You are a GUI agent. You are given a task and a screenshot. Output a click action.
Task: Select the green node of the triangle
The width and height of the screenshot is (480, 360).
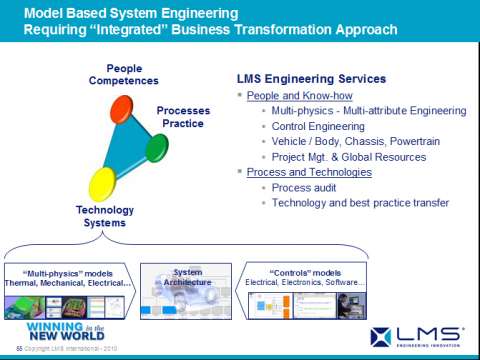click(x=158, y=148)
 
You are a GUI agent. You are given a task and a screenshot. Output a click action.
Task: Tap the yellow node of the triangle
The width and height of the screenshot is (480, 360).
click(x=103, y=185)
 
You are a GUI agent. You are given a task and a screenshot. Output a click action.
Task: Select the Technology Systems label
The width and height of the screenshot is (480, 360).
click(x=104, y=216)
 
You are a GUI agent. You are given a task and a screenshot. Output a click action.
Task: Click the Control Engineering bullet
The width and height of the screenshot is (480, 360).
click(x=317, y=126)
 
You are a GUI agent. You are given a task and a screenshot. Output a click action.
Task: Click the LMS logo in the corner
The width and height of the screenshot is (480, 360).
click(x=417, y=336)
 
